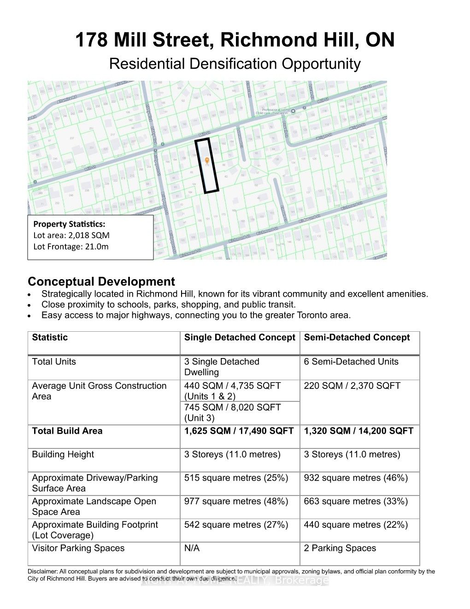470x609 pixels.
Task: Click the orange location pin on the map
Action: tap(207, 161)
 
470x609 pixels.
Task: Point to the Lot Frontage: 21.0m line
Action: tap(71, 246)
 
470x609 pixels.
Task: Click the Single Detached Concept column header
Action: tap(240, 338)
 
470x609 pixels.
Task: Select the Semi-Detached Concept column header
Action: tap(357, 338)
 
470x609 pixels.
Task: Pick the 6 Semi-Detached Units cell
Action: tap(351, 362)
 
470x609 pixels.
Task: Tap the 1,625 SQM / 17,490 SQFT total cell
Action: tap(239, 431)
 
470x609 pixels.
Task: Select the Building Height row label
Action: tap(63, 454)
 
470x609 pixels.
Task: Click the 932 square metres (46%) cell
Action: tap(356, 478)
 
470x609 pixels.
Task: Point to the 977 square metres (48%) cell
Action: tap(236, 502)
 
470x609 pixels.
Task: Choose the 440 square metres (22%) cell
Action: tap(356, 525)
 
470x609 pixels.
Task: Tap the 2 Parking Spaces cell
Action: tap(340, 549)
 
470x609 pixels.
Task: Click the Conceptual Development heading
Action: tap(101, 282)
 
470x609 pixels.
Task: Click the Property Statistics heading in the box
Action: tap(69, 224)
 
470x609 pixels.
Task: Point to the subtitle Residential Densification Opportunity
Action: tap(235, 64)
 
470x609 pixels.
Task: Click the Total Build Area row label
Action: tap(67, 431)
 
